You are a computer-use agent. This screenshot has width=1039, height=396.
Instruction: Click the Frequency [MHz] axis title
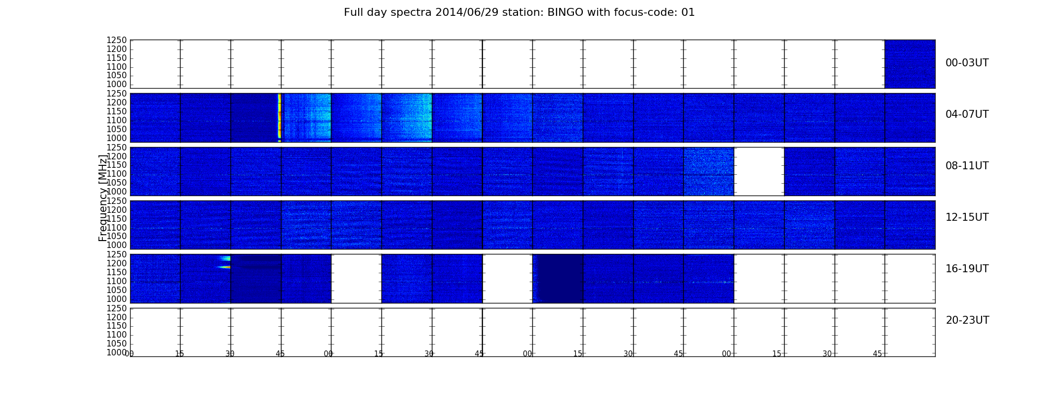pos(103,198)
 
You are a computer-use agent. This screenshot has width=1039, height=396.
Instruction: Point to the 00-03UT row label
pos(967,63)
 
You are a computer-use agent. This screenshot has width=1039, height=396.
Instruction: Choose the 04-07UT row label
pos(967,114)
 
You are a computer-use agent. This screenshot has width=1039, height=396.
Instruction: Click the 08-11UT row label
pos(967,166)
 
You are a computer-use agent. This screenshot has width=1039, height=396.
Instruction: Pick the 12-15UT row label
pos(967,217)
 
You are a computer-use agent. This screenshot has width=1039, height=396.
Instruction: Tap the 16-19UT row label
pos(967,269)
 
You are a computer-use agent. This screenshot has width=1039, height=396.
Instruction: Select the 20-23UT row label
pos(967,320)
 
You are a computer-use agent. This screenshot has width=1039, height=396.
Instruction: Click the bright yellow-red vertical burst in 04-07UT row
pos(280,117)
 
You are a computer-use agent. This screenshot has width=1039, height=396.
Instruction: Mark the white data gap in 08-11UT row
pos(759,171)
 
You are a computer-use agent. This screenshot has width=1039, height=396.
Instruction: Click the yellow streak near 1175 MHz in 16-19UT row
pos(224,267)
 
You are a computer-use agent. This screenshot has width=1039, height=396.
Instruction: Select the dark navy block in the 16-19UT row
pos(560,278)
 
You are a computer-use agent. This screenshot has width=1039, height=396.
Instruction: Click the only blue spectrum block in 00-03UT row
pos(910,64)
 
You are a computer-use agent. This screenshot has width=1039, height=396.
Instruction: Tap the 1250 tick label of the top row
pos(117,40)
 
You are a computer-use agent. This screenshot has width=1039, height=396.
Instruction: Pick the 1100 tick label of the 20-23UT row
pos(117,335)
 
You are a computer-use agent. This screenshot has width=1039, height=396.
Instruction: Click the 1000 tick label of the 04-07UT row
pos(117,138)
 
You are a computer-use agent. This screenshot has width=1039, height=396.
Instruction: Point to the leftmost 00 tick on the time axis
pos(130,354)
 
